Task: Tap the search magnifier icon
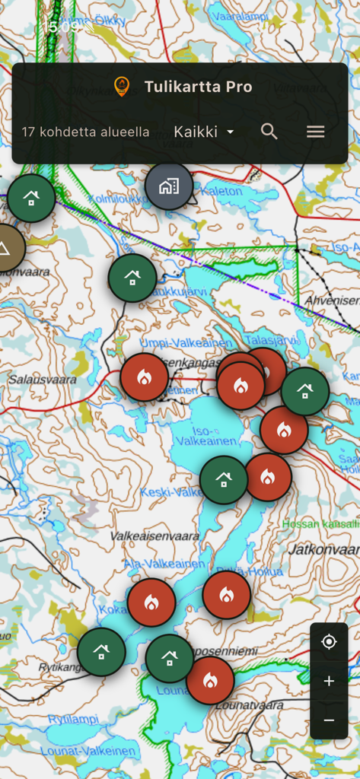point(269,132)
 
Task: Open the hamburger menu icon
point(315,132)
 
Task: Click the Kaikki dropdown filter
point(203,132)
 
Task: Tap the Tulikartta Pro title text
point(198,87)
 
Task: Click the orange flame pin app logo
point(121,87)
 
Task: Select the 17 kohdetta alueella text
point(85,132)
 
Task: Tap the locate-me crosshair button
point(329,642)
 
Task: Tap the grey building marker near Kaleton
point(169,186)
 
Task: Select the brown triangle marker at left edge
point(5,248)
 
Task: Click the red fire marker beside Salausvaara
point(144,377)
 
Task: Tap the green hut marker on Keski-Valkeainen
point(224,480)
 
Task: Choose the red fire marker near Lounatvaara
point(210,680)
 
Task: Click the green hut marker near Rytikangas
point(101,652)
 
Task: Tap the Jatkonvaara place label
point(323,548)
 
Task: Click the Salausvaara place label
point(42,379)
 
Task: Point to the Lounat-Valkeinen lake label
point(92,751)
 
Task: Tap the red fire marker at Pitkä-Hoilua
point(227,595)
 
